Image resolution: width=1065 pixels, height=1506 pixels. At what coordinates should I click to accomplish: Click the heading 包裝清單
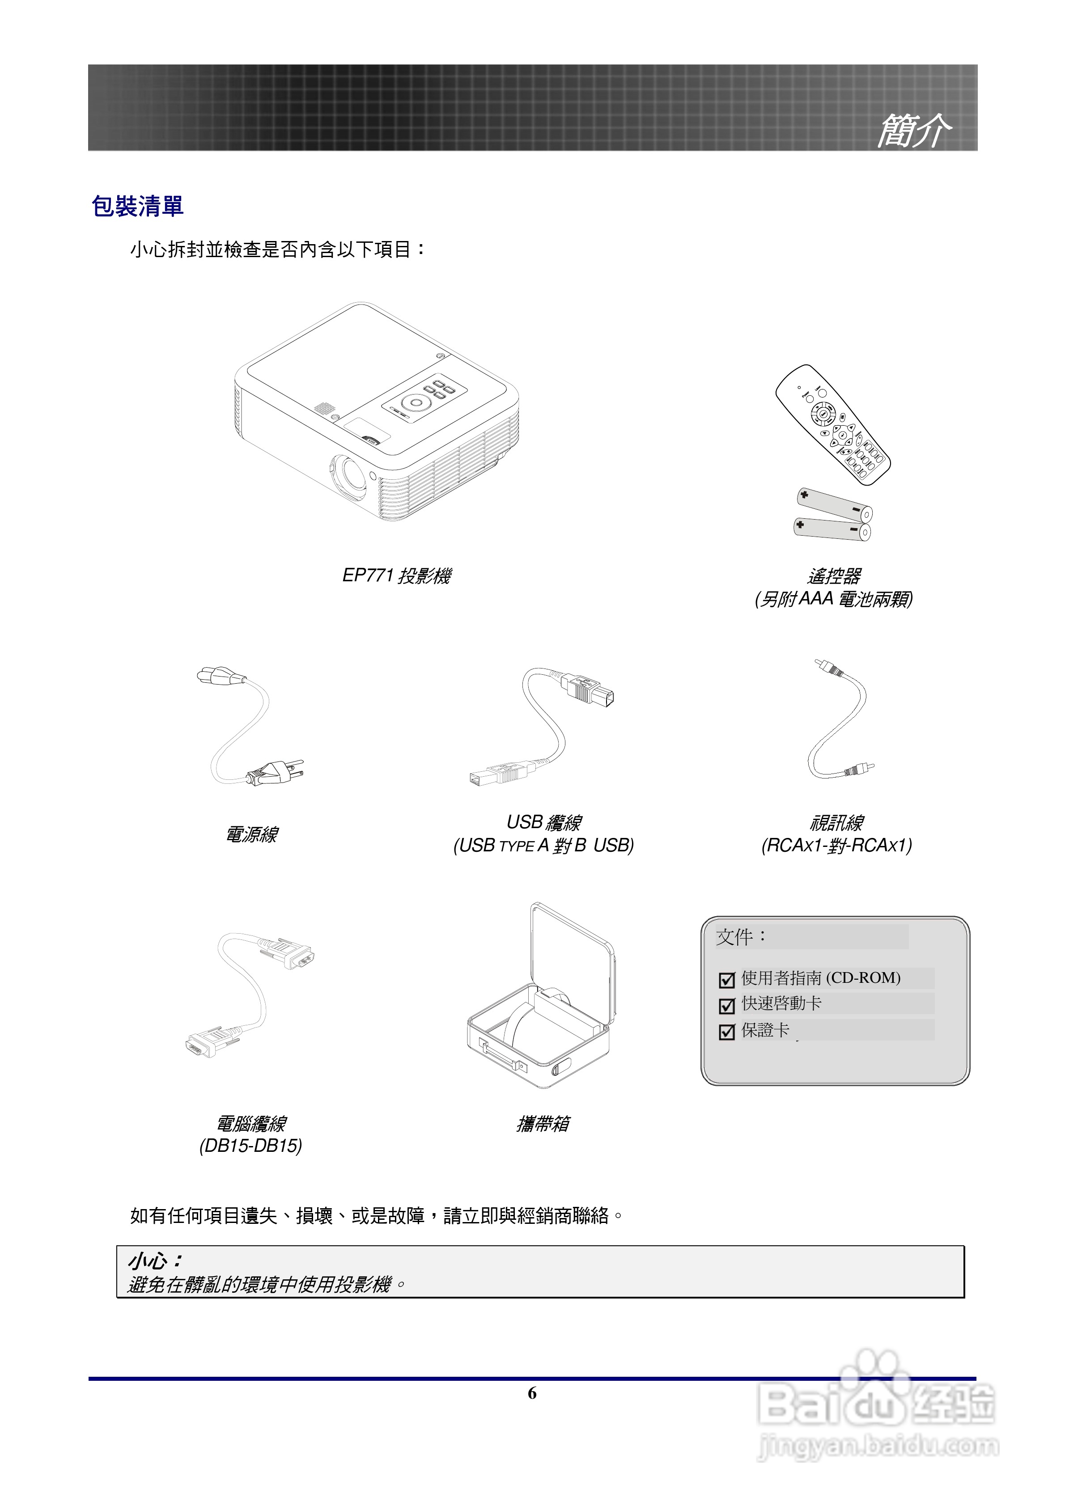pyautogui.click(x=137, y=207)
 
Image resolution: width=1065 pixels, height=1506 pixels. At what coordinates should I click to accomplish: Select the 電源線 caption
pyautogui.click(x=251, y=834)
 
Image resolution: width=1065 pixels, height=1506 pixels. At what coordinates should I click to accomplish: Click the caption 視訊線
pyautogui.click(x=836, y=822)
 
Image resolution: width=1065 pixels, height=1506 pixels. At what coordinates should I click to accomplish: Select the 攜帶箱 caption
pyautogui.click(x=543, y=1124)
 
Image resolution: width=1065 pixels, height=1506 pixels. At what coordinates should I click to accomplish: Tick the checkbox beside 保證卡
pyautogui.click(x=726, y=1032)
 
